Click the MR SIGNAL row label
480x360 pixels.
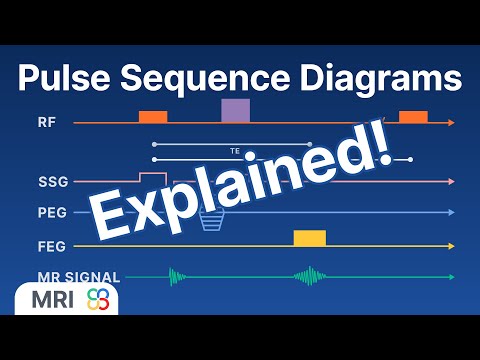[78, 277]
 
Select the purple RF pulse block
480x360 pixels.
[236, 110]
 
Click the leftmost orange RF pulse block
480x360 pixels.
[153, 117]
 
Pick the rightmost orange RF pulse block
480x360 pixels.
[413, 117]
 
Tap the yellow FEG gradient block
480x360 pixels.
[309, 237]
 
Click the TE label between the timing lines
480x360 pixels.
[235, 151]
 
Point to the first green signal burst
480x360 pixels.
[178, 277]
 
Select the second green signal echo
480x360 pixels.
[309, 277]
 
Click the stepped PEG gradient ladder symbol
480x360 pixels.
[210, 220]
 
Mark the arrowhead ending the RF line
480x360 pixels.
[452, 123]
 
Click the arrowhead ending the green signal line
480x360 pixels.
[452, 277]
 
